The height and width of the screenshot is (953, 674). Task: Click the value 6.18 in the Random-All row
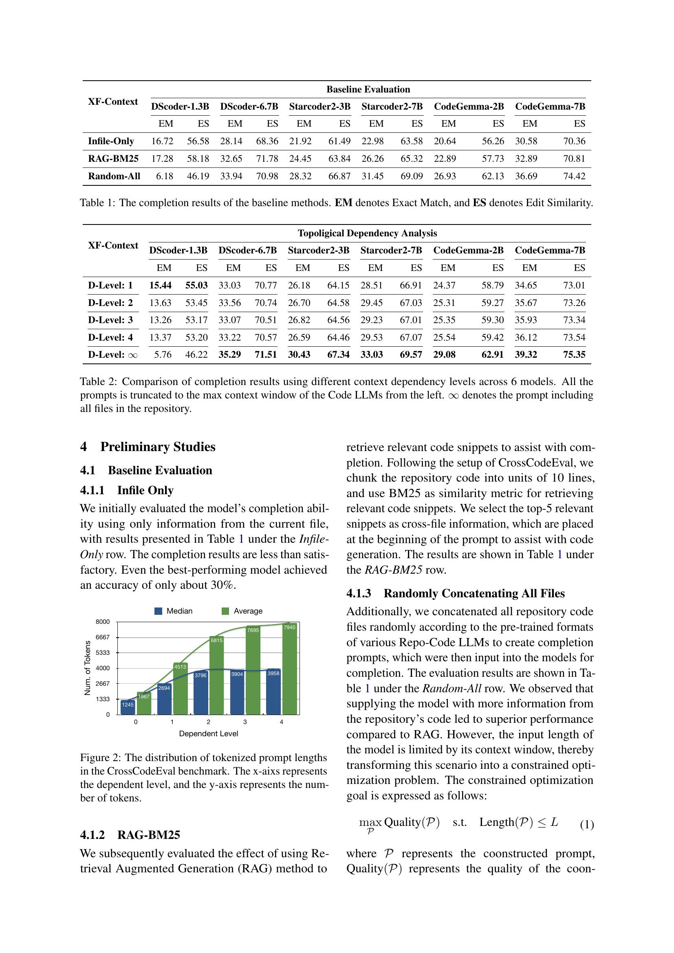(164, 176)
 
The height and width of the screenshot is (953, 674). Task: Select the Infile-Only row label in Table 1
(111, 141)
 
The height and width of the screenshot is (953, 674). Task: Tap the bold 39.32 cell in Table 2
(526, 354)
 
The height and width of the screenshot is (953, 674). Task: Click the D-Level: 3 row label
(110, 320)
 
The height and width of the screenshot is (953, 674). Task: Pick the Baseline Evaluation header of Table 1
(368, 89)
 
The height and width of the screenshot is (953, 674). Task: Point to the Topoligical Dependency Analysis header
(367, 233)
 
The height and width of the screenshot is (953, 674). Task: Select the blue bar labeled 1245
(128, 707)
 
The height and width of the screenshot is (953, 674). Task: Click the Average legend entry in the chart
(242, 611)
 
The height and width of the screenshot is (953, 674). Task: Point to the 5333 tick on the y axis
(103, 652)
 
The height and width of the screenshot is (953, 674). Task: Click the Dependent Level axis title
(208, 733)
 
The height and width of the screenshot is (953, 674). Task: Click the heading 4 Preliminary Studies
(148, 447)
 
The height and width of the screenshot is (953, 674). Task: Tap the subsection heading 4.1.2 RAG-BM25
(130, 834)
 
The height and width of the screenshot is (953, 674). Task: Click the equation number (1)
(586, 825)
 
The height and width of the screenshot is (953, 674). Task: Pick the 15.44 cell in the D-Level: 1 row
(160, 285)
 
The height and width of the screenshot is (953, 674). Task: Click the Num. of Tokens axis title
(88, 668)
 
